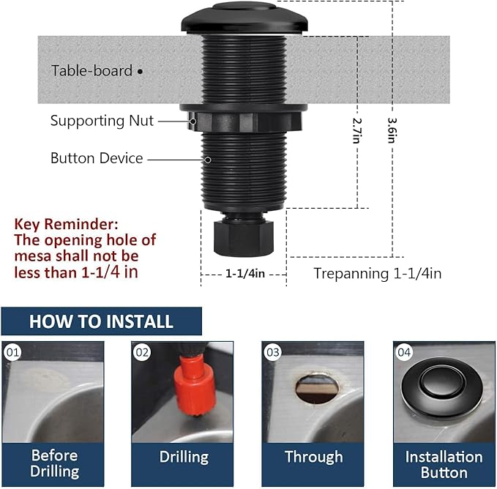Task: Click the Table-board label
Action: [x=91, y=71]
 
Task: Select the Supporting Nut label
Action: [x=102, y=121]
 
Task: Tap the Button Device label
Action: [x=97, y=158]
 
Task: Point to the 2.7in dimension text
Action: [x=357, y=131]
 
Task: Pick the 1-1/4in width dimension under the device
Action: [x=244, y=273]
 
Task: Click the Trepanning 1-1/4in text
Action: [x=377, y=274]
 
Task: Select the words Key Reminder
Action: [x=65, y=223]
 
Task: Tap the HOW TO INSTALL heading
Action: [x=101, y=321]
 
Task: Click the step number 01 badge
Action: [x=12, y=353]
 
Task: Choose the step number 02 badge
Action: [x=143, y=353]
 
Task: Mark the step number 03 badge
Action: [x=273, y=353]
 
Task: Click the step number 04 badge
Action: [x=404, y=353]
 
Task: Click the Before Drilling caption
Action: [x=53, y=463]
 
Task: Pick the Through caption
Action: [x=313, y=458]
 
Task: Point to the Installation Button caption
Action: [x=444, y=463]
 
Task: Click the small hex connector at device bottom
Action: [x=242, y=236]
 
